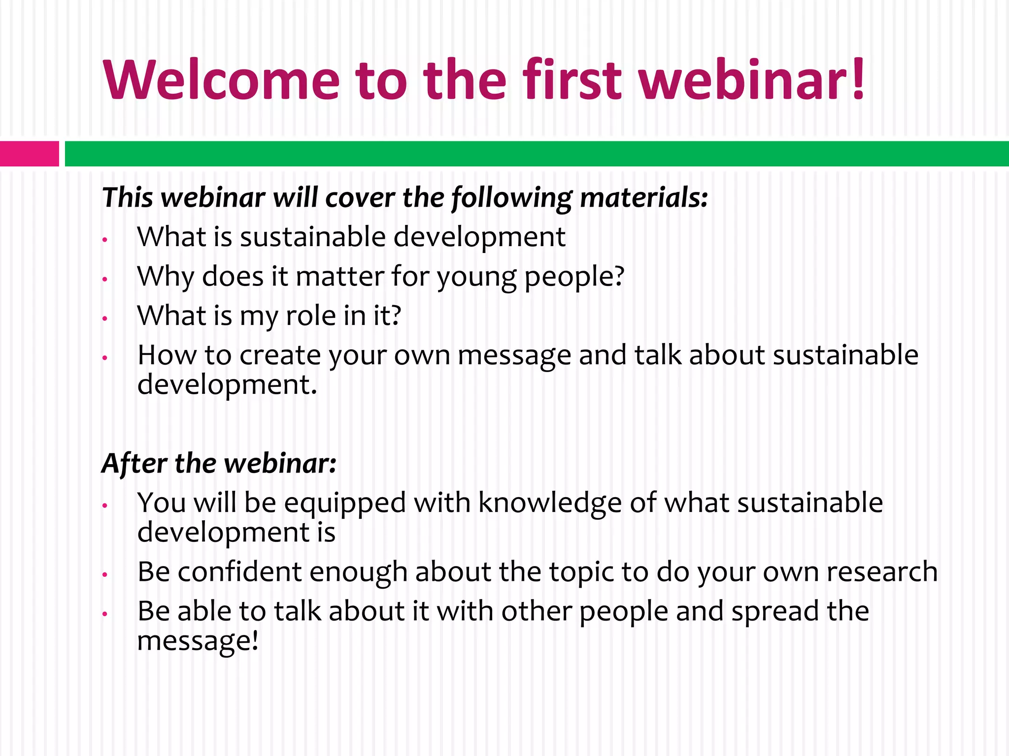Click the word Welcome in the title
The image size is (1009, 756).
click(x=222, y=80)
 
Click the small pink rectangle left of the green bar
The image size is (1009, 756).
click(x=29, y=154)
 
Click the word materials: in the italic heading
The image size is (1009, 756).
click(x=644, y=198)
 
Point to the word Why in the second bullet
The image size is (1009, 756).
click(x=166, y=277)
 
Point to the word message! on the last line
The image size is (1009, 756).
click(x=197, y=641)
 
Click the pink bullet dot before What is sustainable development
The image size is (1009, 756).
click(x=104, y=240)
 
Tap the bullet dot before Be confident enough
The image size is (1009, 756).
click(x=104, y=574)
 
